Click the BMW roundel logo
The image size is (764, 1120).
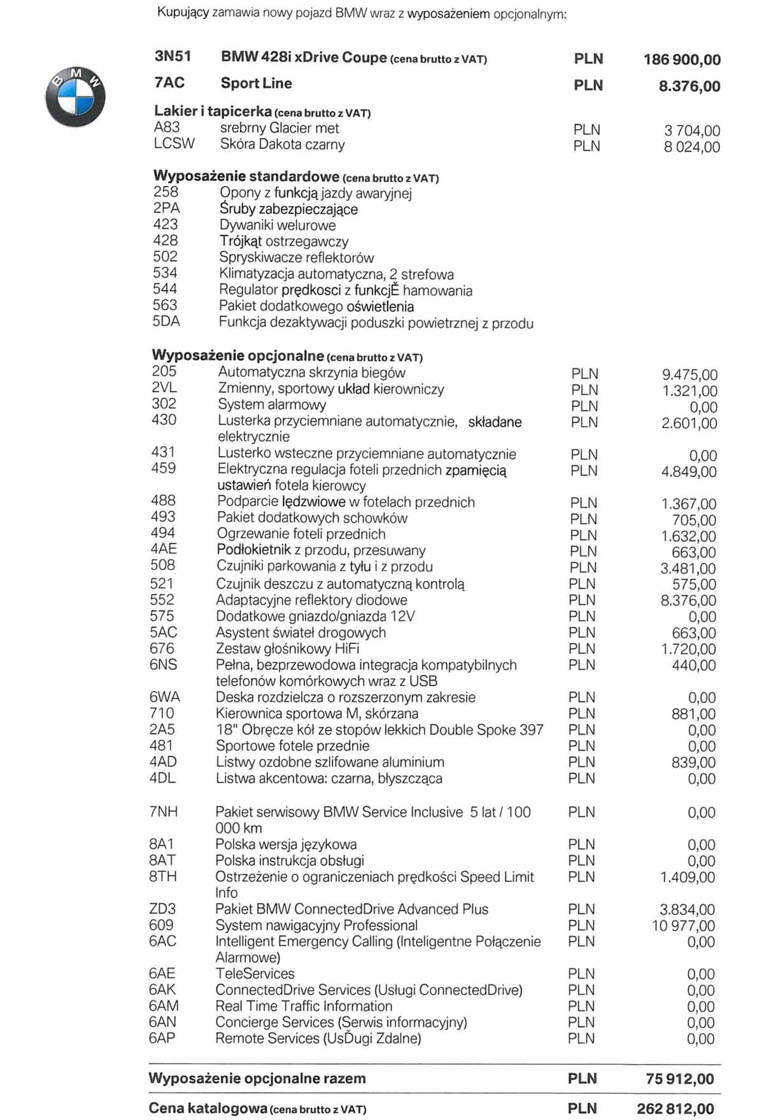click(75, 97)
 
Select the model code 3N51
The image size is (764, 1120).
click(173, 57)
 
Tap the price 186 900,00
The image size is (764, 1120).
click(682, 60)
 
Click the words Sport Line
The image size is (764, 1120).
click(256, 83)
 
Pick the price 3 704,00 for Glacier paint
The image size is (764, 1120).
click(692, 131)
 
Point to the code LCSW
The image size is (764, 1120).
click(174, 144)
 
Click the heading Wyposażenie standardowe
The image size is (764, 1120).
click(246, 176)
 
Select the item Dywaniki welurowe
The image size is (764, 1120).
click(277, 225)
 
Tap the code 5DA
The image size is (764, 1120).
click(166, 322)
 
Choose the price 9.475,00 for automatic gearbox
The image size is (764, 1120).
click(690, 375)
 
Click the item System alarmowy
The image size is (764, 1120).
click(271, 405)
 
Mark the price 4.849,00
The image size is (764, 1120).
click(689, 472)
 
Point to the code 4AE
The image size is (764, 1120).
click(164, 549)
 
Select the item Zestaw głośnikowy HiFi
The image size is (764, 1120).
click(287, 649)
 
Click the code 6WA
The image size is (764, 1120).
click(164, 697)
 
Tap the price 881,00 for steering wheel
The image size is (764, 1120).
click(693, 714)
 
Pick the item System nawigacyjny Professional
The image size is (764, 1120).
click(316, 925)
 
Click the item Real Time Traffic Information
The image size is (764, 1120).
click(304, 1007)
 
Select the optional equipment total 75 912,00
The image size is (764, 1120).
click(679, 1079)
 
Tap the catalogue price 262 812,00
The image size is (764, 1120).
click(675, 1109)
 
